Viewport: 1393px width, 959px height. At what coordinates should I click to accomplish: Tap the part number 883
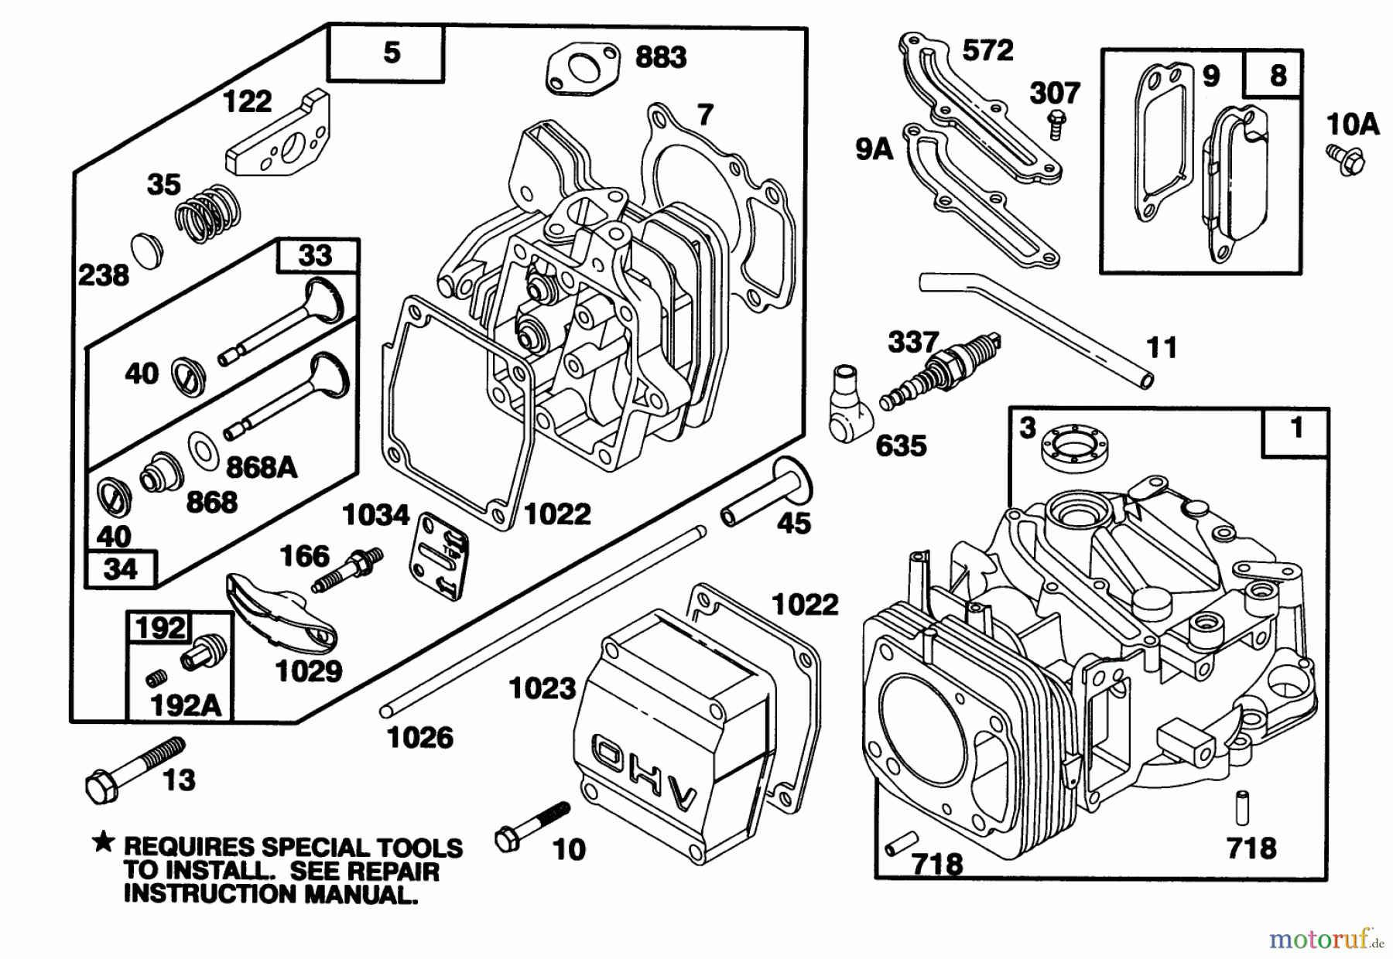(x=660, y=57)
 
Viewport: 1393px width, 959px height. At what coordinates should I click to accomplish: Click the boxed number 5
(x=392, y=53)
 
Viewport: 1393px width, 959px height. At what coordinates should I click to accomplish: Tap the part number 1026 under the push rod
(x=419, y=738)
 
